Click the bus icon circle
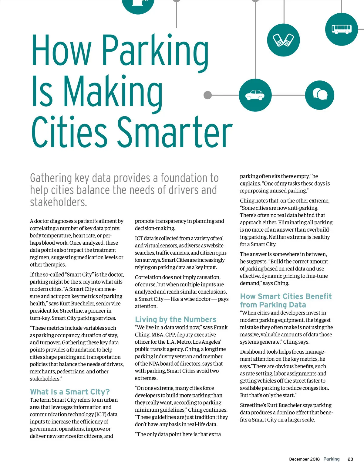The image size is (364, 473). (341, 29)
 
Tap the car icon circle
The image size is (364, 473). (255, 95)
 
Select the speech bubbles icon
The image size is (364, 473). (319, 95)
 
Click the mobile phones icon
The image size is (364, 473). (283, 40)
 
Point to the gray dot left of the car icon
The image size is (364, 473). (207, 95)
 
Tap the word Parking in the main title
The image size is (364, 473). (155, 50)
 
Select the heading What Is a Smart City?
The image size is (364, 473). (70, 392)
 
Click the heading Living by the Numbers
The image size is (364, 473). (176, 319)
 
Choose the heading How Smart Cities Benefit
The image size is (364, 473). (286, 296)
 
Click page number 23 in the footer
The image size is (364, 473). (350, 459)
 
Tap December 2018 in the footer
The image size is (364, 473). (304, 459)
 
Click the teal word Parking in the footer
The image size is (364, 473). (331, 459)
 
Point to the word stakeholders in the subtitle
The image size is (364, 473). (58, 202)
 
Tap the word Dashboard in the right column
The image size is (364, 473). (253, 352)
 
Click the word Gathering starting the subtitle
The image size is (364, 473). (51, 178)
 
